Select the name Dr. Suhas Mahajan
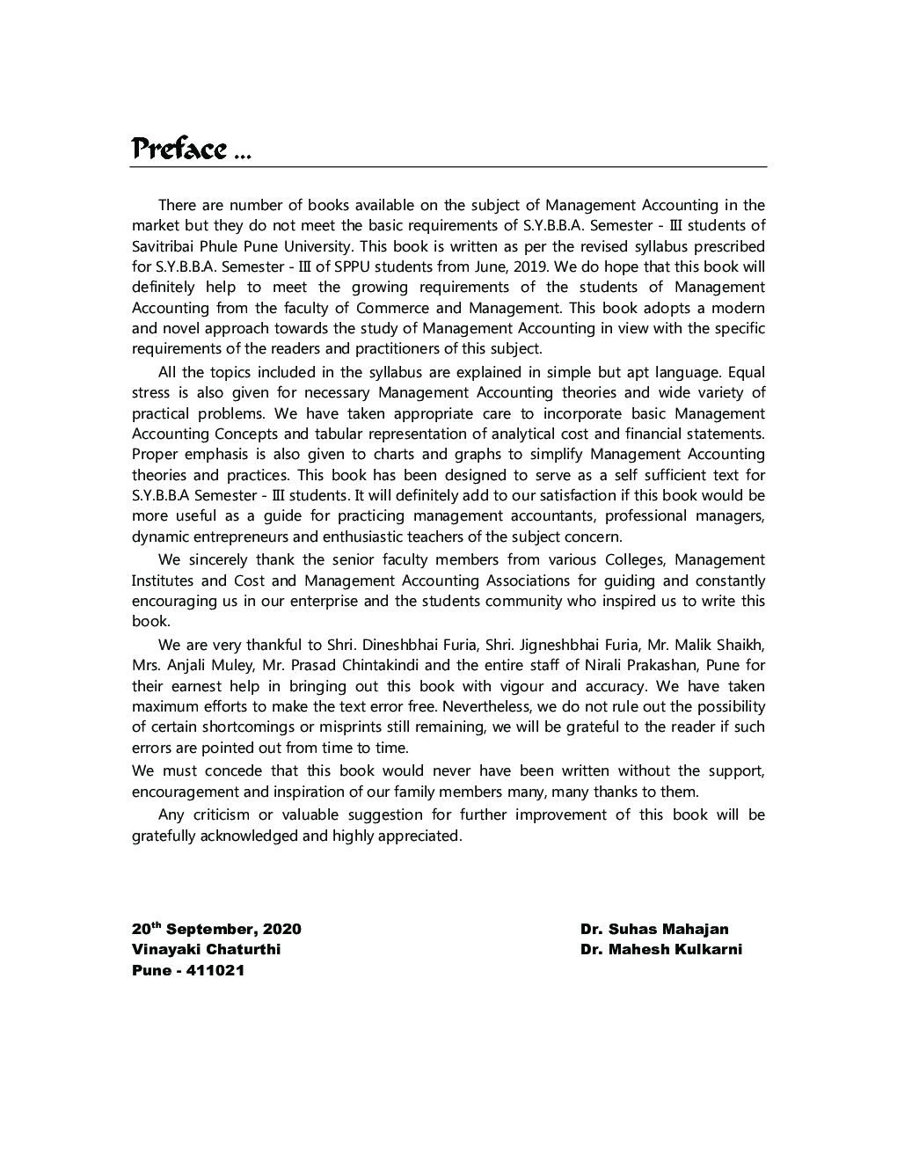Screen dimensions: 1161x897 pyautogui.click(x=653, y=929)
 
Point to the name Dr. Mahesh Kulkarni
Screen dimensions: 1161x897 pyautogui.click(x=660, y=950)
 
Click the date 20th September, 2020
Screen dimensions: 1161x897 pyautogui.click(x=216, y=929)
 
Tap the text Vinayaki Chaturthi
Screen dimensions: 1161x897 pyautogui.click(x=206, y=950)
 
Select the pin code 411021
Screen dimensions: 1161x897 pyautogui.click(x=215, y=971)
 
